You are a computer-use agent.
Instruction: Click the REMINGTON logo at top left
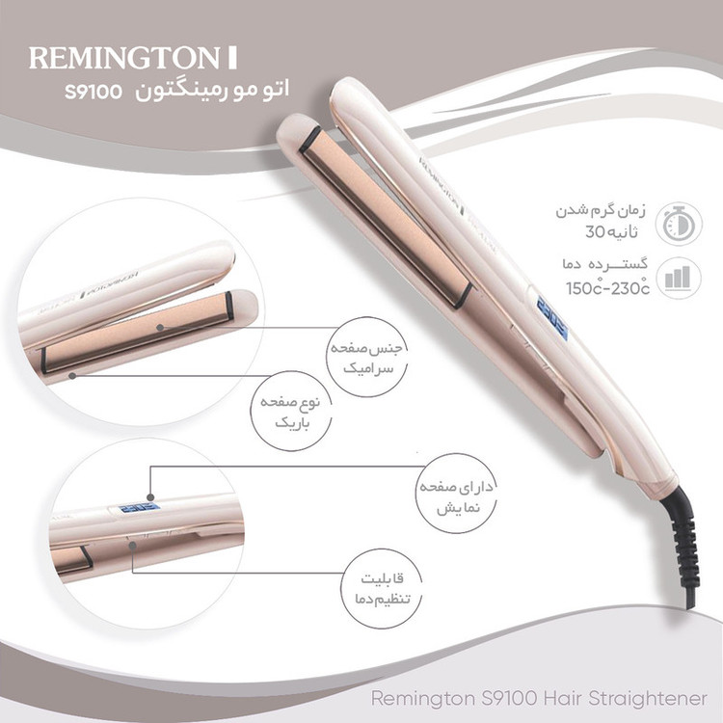(133, 58)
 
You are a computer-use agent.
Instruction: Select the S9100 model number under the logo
(94, 92)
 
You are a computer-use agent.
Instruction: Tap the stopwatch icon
(679, 224)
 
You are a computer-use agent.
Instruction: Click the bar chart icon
(678, 278)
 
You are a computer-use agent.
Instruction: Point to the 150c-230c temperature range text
(607, 288)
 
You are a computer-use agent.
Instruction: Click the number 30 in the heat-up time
(596, 231)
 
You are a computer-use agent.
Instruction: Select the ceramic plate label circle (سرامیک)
(367, 357)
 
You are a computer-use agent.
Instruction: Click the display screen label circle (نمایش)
(457, 495)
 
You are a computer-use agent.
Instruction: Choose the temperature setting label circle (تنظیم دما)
(382, 588)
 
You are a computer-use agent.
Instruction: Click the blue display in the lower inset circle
(139, 508)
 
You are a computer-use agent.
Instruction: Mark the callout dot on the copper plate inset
(159, 328)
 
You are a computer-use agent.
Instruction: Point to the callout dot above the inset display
(150, 497)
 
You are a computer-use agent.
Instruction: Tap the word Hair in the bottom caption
(562, 698)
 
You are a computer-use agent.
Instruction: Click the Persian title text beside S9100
(212, 90)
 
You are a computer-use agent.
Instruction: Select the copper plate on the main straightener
(387, 217)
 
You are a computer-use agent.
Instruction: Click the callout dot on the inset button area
(133, 546)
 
